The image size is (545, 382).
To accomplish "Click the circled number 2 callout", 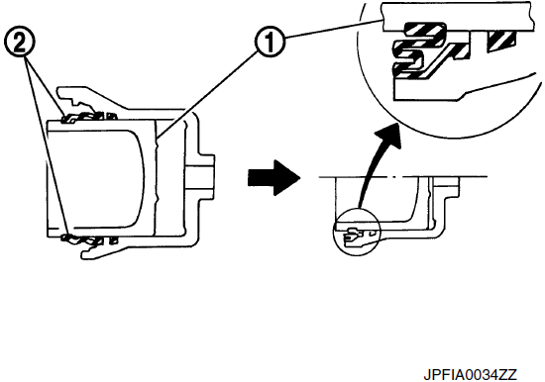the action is (x=20, y=42).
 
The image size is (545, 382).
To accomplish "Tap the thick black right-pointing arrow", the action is (x=273, y=177).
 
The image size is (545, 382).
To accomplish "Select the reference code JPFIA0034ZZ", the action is (x=470, y=375).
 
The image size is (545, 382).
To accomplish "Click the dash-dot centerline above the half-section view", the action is (x=403, y=177).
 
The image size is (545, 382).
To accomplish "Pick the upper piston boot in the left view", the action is (x=88, y=118).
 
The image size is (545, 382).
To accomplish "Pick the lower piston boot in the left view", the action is (x=88, y=239).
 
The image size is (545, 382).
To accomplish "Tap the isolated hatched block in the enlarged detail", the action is (x=501, y=41).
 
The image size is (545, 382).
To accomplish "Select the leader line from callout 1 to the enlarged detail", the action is (x=333, y=29).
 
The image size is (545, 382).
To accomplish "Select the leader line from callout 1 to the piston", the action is (x=208, y=94).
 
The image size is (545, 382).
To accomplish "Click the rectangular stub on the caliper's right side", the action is (x=200, y=177).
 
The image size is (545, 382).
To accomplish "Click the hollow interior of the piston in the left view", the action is (x=95, y=179).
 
